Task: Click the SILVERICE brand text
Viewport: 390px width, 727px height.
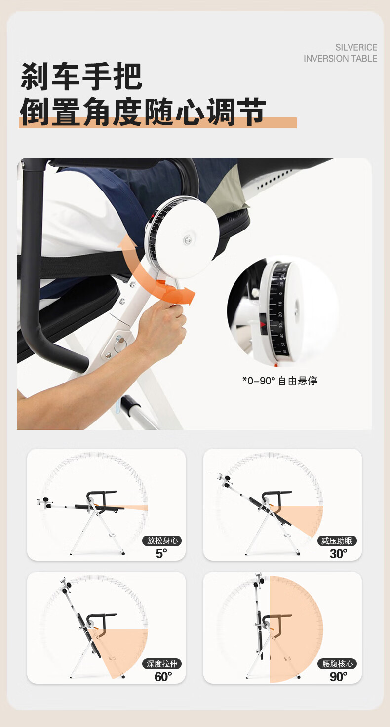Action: [x=356, y=47]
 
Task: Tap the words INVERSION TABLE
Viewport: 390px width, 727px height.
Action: [x=340, y=58]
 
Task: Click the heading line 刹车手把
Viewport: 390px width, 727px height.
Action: [x=81, y=77]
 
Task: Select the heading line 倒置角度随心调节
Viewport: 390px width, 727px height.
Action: [x=143, y=112]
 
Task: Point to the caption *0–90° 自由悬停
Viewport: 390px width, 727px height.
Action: [x=279, y=381]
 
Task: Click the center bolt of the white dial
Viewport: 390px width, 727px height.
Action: [x=188, y=240]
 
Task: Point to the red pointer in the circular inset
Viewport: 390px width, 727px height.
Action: [x=262, y=324]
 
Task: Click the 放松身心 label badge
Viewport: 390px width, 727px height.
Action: [x=162, y=541]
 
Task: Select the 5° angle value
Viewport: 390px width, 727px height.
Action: [x=161, y=553]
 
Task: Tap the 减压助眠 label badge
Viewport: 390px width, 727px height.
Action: [x=337, y=541]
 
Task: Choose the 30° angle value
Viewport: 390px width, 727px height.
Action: [x=338, y=554]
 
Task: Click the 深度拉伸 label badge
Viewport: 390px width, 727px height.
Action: [x=162, y=664]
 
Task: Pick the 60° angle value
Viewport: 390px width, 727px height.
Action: [x=163, y=677]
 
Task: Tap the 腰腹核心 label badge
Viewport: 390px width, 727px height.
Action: [x=337, y=664]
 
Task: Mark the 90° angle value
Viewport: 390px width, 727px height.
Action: [x=338, y=677]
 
